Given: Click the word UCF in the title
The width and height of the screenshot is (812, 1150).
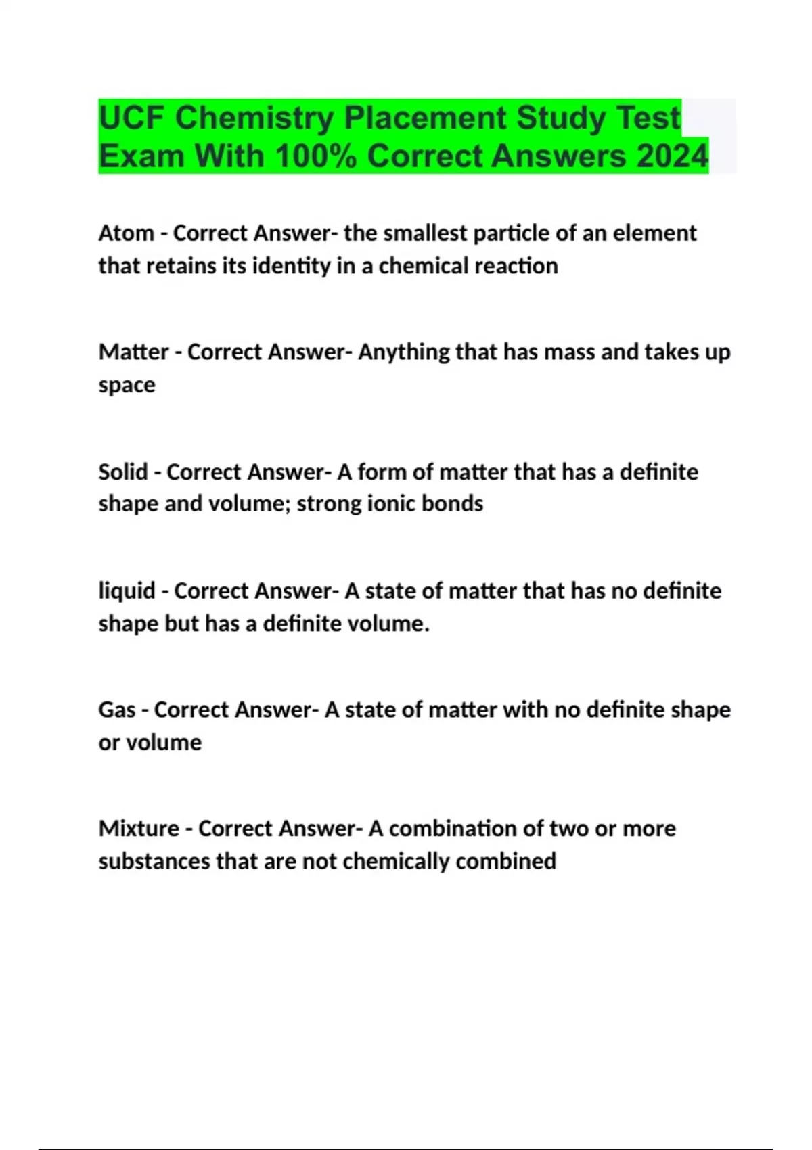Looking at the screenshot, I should click(131, 118).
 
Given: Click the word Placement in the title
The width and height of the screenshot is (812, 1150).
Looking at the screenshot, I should click(426, 118).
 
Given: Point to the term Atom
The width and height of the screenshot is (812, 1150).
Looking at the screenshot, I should click(126, 233).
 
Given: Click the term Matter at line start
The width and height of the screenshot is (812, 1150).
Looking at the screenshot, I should click(133, 352).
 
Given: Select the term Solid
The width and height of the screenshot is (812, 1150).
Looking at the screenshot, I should click(122, 471).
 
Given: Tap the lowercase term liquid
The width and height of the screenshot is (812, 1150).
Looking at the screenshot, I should click(127, 591).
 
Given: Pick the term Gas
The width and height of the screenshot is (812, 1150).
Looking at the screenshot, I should click(117, 710).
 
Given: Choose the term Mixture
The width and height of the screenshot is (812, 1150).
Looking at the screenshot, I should click(139, 829).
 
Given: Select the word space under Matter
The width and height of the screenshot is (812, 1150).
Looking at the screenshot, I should click(127, 386).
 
